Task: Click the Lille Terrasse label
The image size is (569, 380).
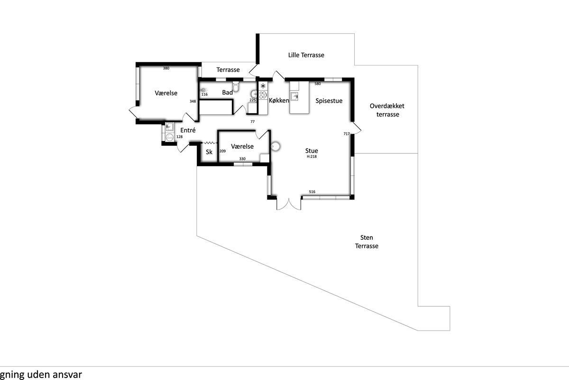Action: (306, 55)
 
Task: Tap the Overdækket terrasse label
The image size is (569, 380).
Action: (387, 110)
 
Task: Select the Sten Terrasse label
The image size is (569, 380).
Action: (367, 242)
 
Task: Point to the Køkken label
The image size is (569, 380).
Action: (279, 101)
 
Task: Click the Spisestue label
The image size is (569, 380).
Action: (329, 101)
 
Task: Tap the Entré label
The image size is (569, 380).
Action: (188, 130)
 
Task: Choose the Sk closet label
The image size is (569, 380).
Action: (209, 152)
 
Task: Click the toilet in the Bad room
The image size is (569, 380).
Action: (236, 86)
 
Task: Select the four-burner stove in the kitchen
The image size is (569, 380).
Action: (263, 95)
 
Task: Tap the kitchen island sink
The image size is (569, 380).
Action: (294, 96)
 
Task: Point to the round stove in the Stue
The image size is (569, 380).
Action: (275, 147)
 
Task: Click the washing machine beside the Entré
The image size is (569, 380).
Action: (169, 137)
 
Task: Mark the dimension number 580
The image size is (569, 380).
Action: (318, 84)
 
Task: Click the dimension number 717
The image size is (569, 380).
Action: (347, 133)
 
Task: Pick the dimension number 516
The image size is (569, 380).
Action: (312, 192)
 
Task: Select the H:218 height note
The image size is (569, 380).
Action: (312, 157)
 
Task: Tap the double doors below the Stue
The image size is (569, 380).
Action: (289, 204)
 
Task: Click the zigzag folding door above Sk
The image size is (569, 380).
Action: (210, 143)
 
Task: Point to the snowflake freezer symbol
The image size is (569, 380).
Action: (263, 86)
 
